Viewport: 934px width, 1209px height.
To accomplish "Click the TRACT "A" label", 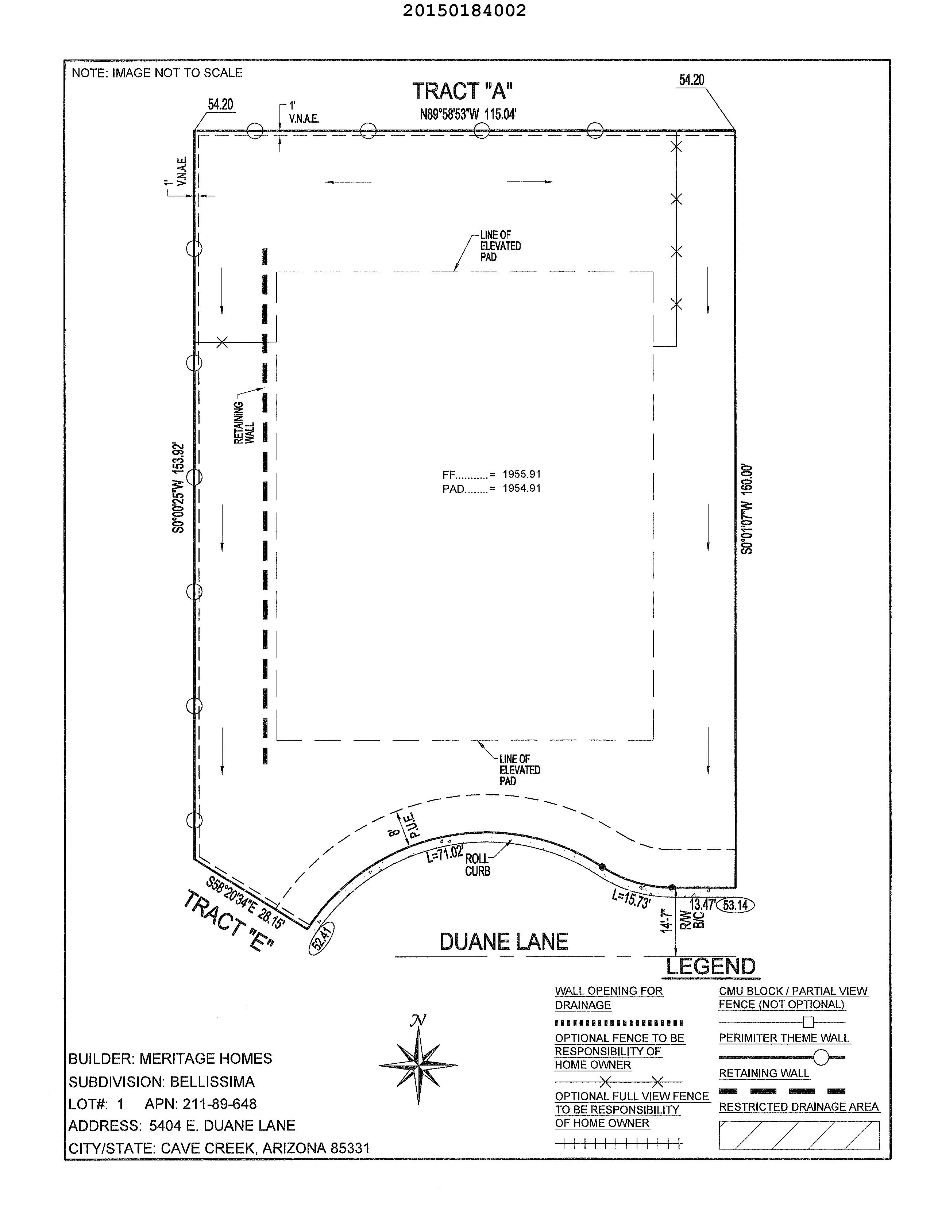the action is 463,91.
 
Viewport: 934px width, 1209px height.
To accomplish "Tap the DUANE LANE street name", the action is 503,942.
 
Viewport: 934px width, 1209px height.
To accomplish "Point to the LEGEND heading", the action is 710,967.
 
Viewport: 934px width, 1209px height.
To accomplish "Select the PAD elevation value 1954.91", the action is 521,488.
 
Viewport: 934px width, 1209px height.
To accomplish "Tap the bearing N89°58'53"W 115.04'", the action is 468,115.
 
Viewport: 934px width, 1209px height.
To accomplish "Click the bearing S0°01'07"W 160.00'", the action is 747,509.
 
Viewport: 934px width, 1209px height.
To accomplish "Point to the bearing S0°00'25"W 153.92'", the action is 178,488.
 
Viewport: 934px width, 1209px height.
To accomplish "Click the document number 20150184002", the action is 464,11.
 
